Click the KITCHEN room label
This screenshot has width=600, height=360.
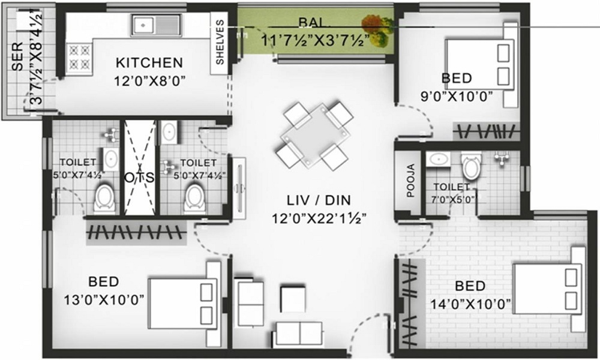pos(149,62)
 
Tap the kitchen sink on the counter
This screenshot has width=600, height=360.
pos(155,26)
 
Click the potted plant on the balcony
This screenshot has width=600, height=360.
pos(377,30)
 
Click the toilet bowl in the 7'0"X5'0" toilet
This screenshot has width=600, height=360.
pos(471,166)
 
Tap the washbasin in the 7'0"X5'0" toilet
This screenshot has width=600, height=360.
pos(439,159)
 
